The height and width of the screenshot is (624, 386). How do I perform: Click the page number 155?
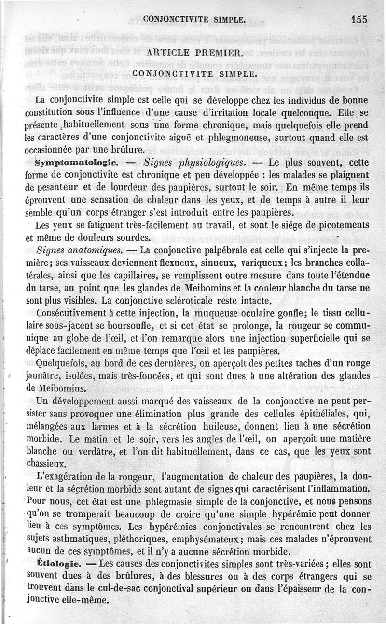pos(359,19)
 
